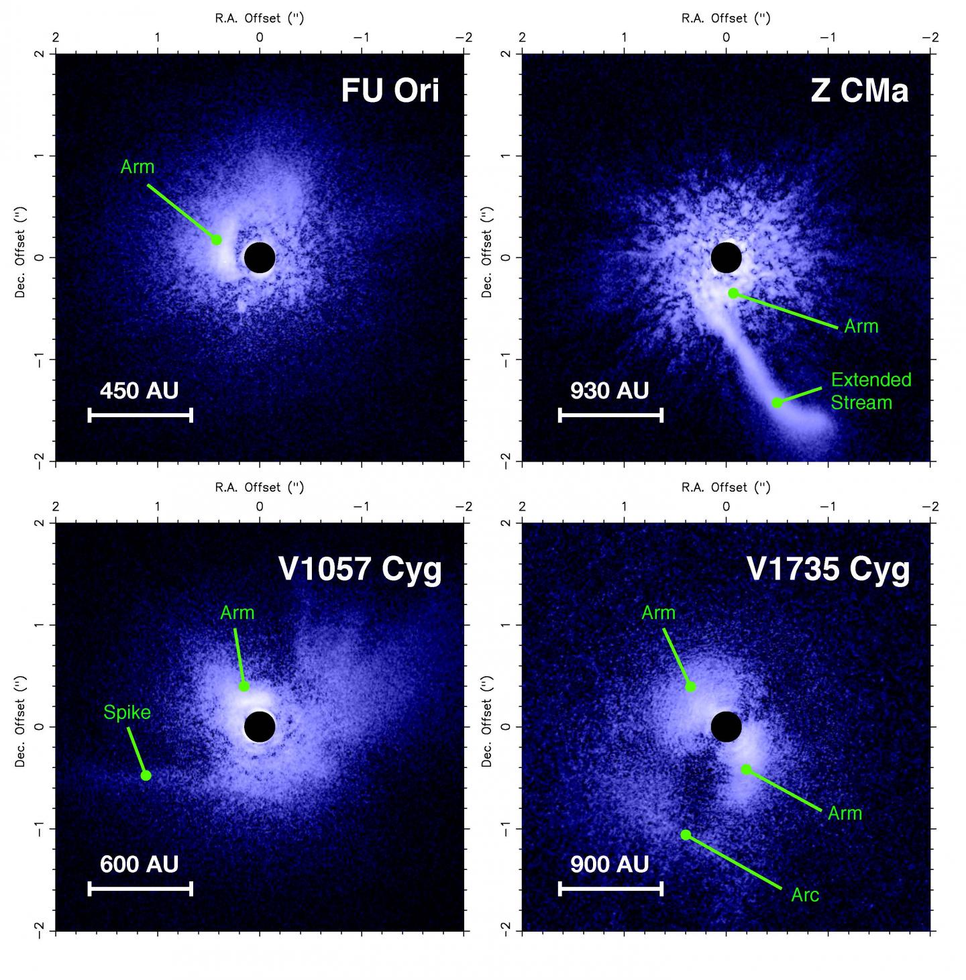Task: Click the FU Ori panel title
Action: point(390,90)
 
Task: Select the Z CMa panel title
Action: point(859,90)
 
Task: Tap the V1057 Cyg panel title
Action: point(360,569)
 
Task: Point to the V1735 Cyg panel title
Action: point(828,569)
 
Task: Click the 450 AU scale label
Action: point(139,390)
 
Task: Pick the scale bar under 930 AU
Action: point(610,416)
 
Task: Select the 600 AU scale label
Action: point(139,864)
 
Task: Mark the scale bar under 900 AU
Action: point(610,889)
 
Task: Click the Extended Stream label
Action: point(871,391)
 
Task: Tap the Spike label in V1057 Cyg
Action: point(127,712)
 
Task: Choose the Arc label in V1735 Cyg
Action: point(805,895)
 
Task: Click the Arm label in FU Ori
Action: point(138,166)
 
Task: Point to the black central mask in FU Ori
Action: point(260,258)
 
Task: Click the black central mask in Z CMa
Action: point(726,258)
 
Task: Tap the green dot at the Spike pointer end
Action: point(146,775)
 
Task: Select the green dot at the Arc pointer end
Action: point(686,834)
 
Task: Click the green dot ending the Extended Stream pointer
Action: point(777,402)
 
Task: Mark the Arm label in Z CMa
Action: point(861,327)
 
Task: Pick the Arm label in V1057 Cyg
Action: point(237,612)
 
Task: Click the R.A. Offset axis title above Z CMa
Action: point(726,18)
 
